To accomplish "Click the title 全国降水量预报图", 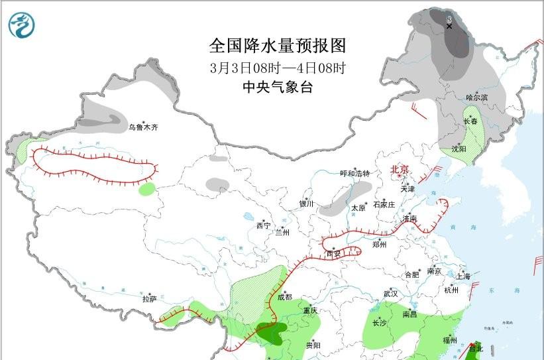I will point(278,46).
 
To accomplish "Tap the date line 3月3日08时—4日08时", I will point(278,68).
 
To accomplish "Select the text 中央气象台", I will point(278,87).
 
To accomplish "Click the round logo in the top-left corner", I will point(23,25).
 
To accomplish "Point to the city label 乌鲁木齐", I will point(144,127).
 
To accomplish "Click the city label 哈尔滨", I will point(476,98).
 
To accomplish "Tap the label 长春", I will point(470,122).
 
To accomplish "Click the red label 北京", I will point(400,169).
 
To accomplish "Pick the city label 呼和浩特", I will point(354,174).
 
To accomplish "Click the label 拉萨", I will point(149,299).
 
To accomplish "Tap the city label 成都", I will point(284,298).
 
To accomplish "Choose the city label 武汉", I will point(390,294).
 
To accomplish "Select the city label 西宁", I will point(263,226).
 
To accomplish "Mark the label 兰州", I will point(283,233).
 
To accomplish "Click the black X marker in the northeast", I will point(449,26).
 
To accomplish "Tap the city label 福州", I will point(450,340).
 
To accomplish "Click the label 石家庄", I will point(384,204).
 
